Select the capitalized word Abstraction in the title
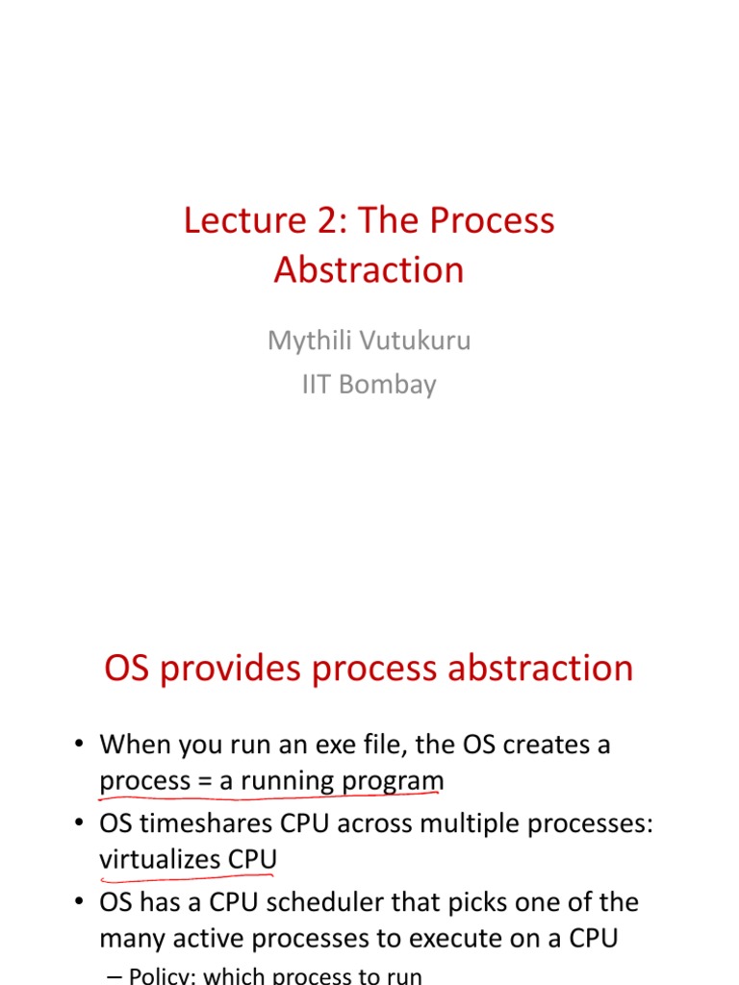click(x=369, y=270)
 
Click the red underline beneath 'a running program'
click(x=269, y=796)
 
